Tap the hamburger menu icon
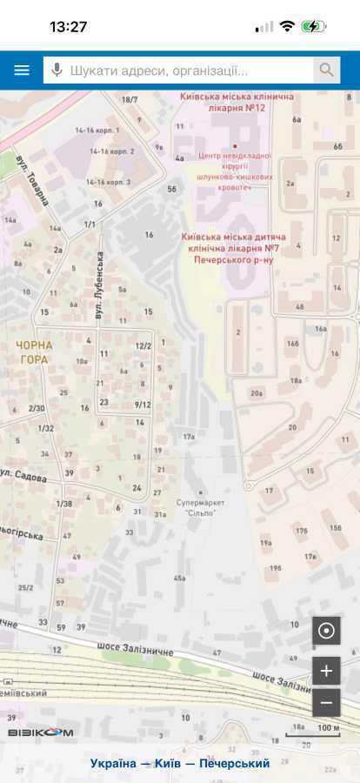click(21, 70)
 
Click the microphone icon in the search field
click(57, 70)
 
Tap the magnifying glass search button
click(326, 70)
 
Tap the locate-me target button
click(326, 631)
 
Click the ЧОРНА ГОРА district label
click(35, 352)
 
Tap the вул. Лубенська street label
click(100, 276)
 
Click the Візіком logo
click(41, 733)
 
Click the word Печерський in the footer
click(234, 763)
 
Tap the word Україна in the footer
click(113, 763)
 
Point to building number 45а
click(180, 578)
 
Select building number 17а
click(189, 436)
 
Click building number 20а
click(257, 393)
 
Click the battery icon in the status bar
click(314, 26)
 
